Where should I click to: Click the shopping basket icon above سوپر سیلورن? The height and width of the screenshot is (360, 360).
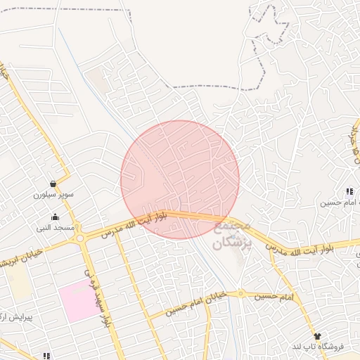pos(54,182)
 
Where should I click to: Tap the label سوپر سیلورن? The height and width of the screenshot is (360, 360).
pos(54,193)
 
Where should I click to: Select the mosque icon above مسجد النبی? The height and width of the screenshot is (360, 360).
pos(55,217)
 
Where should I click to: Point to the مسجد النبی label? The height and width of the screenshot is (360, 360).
pos(55,228)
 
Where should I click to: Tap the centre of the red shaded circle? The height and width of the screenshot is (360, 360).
pos(180,179)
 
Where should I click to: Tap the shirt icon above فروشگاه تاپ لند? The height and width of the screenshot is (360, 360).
pos(317,336)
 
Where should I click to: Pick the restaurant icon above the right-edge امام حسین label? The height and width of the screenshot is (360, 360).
pos(349,191)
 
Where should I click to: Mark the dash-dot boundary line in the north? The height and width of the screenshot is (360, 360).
pos(211,87)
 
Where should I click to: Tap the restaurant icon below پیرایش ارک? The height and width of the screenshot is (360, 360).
pos(47,356)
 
